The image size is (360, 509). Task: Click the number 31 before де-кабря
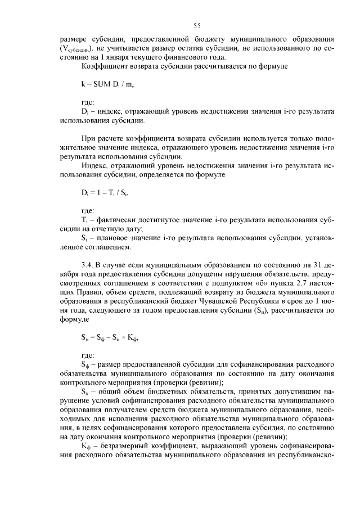[321, 265]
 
